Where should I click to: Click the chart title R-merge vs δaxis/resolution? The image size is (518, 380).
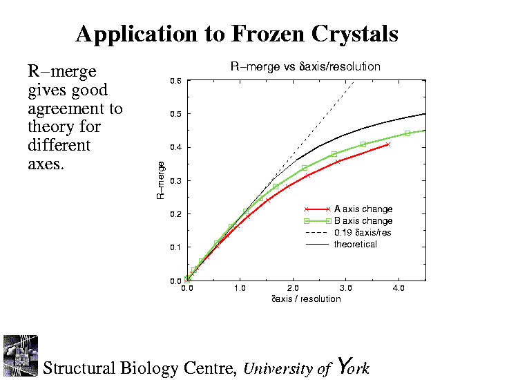305,67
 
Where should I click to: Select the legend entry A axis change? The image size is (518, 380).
363,209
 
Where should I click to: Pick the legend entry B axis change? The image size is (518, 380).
363,220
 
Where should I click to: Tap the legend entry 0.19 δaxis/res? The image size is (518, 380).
362,232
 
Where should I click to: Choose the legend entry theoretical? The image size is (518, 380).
355,244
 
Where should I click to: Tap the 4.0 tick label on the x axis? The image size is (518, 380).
399,289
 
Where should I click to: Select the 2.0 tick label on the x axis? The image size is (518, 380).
293,289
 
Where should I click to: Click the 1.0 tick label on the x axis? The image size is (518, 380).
240,289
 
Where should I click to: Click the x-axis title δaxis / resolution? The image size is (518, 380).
305,299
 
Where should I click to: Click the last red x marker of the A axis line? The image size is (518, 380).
388,144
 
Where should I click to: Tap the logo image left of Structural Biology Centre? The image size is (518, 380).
20,356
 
